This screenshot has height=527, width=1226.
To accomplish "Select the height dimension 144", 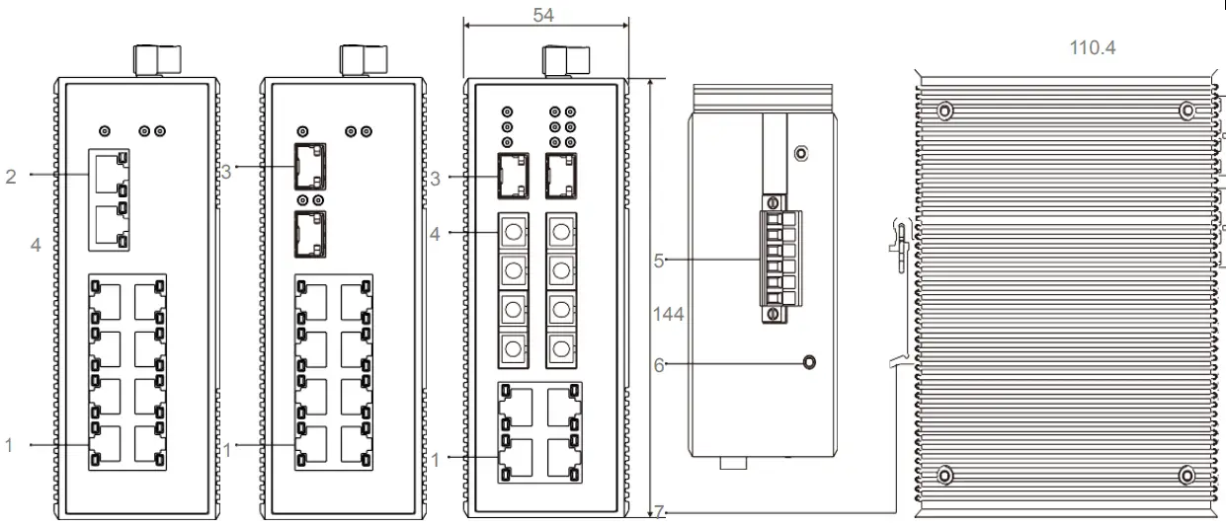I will pos(668,315).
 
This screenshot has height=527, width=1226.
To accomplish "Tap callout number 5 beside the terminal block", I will pos(658,262).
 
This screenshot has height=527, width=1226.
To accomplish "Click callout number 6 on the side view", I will pos(658,364).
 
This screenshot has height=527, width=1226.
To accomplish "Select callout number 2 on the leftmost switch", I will pos(12,177).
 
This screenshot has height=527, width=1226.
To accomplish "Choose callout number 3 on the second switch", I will pos(226,172).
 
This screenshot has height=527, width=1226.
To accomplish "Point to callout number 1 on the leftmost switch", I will pos(12,446).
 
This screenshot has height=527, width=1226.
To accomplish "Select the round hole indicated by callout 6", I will pos(810,363).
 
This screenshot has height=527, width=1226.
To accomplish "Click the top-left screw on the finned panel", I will pos(944,111).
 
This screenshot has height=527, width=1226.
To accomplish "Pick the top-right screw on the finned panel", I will pos(1187,111).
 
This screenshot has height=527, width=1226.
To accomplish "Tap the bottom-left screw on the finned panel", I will pos(944,477).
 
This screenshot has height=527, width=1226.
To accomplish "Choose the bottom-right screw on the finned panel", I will pos(1187,477).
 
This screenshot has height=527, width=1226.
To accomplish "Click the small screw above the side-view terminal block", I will pos(801,153).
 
